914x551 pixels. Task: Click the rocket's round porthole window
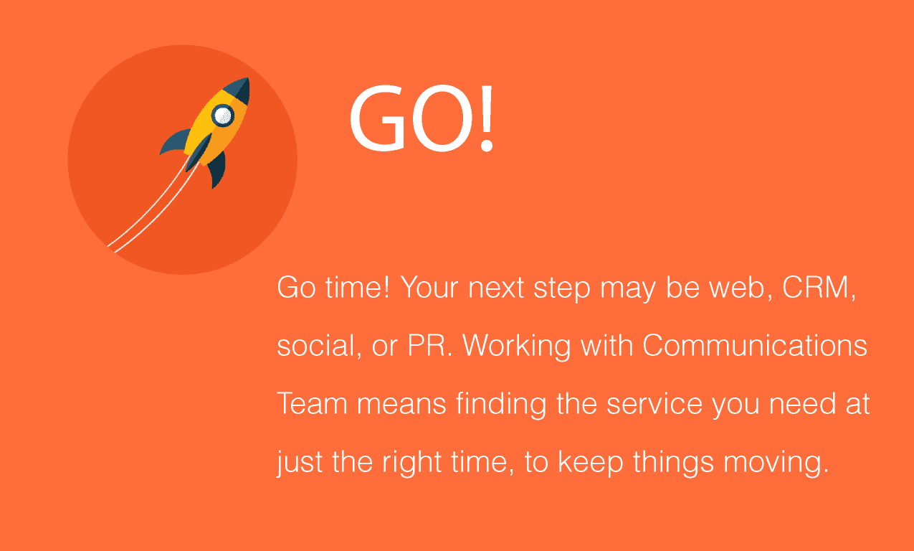(223, 116)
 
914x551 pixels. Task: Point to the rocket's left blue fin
(175, 141)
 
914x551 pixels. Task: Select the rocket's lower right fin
(217, 169)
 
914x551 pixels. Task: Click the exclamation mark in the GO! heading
(486, 118)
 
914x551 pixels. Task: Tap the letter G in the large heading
(378, 118)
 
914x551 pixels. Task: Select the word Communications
(755, 345)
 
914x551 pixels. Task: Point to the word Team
(312, 403)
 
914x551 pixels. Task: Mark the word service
(654, 403)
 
